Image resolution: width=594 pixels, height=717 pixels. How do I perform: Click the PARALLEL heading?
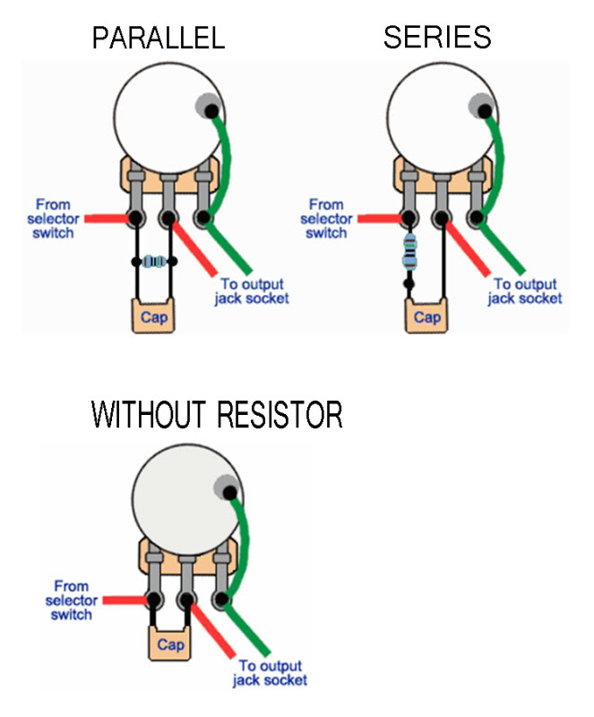tap(159, 38)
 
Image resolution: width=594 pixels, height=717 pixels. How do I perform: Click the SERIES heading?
tap(437, 37)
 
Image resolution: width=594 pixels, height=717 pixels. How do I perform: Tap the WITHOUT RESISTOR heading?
tap(218, 415)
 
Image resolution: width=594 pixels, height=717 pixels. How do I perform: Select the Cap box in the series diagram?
tap(426, 316)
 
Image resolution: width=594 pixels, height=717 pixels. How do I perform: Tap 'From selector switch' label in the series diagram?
tap(325, 219)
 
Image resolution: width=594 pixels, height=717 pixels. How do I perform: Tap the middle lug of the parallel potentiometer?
tap(167, 216)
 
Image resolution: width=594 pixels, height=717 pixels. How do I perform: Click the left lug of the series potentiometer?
tap(410, 216)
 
